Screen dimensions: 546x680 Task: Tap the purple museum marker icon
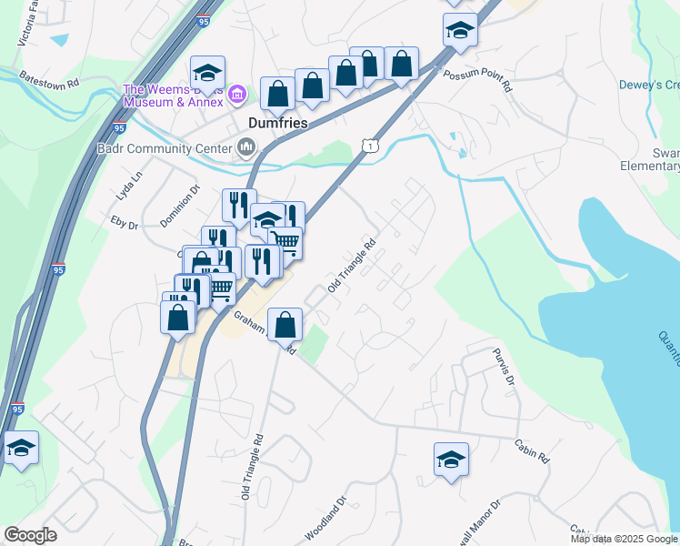pos(237,93)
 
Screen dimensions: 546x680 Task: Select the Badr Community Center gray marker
pos(245,147)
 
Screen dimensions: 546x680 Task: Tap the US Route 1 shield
pos(368,145)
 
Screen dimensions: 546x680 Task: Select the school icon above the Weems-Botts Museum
pos(208,73)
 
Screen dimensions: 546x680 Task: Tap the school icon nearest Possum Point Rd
pos(460,30)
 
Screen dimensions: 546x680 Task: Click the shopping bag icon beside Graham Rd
pos(285,325)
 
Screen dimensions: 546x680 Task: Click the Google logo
pos(30,535)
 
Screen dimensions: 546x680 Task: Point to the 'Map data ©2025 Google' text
pos(624,539)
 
